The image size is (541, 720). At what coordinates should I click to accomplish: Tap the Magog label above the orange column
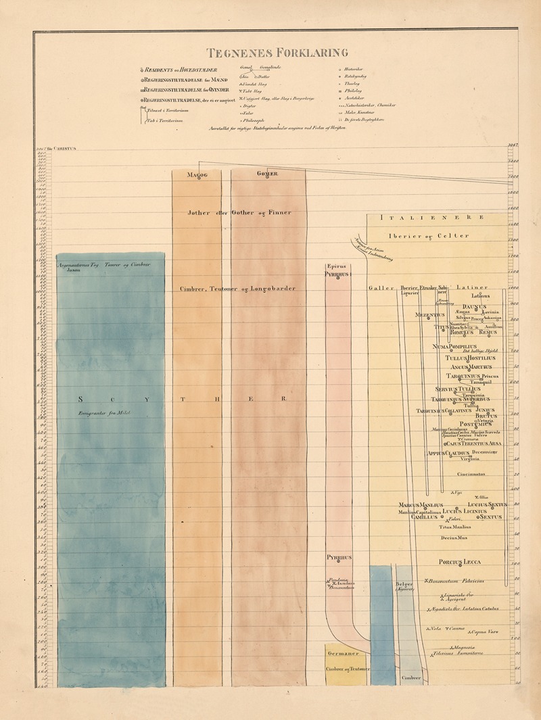pyautogui.click(x=196, y=174)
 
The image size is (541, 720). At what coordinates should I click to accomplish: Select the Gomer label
pyautogui.click(x=267, y=174)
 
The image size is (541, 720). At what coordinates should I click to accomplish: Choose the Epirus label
pyautogui.click(x=336, y=266)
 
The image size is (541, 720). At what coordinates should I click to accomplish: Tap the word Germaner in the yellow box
pyautogui.click(x=346, y=654)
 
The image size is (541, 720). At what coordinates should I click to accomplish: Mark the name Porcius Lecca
pyautogui.click(x=458, y=562)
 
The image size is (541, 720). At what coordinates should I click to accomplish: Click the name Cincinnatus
pyautogui.click(x=463, y=474)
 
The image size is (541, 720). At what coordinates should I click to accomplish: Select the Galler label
pyautogui.click(x=381, y=288)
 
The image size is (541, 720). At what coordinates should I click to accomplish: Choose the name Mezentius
pyautogui.click(x=430, y=314)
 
